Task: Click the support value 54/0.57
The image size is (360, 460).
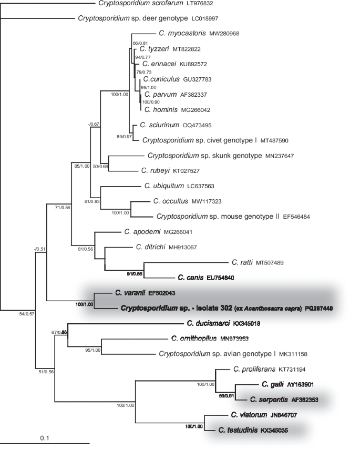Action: (23, 314)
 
